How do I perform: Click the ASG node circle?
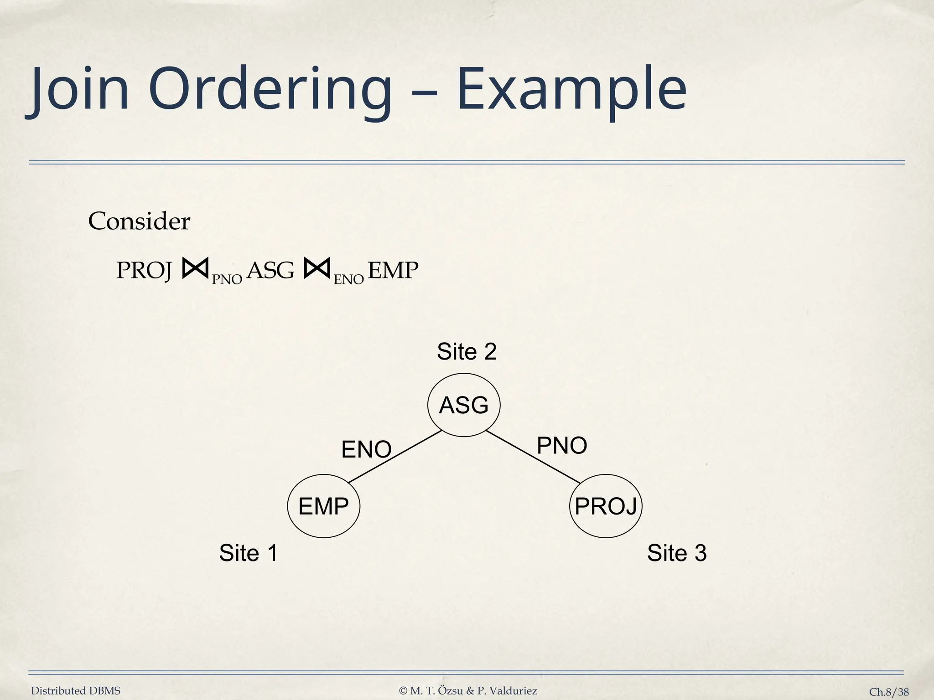point(464,405)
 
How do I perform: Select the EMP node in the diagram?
point(323,506)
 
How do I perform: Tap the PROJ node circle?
point(606,506)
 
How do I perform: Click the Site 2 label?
point(467,352)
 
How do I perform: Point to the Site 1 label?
point(249,553)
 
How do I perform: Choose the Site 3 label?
point(677,553)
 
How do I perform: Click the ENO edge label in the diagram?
point(366,449)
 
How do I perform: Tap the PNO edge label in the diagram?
point(562,445)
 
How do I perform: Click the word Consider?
point(139,221)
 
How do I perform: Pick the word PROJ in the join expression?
point(144,271)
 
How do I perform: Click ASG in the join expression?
point(270,271)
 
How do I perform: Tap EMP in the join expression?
point(393,271)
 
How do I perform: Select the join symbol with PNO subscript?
point(195,268)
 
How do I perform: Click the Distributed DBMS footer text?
point(76,691)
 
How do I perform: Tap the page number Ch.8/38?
point(889,692)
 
